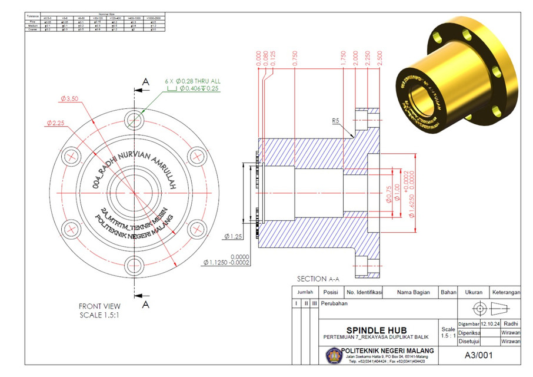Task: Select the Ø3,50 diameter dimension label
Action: click(69, 99)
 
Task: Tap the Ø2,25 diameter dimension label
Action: click(56, 123)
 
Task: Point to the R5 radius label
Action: click(336, 121)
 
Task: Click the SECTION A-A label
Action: click(318, 279)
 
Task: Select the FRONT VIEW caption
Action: click(99, 306)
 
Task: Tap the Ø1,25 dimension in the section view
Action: click(234, 236)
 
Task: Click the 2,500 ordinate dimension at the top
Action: click(380, 58)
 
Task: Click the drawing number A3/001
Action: click(478, 355)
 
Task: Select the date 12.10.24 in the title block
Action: click(489, 323)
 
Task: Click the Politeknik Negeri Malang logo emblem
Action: click(332, 355)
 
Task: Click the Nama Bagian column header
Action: click(413, 292)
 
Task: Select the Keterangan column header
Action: click(507, 292)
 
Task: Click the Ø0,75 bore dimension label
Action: click(388, 194)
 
